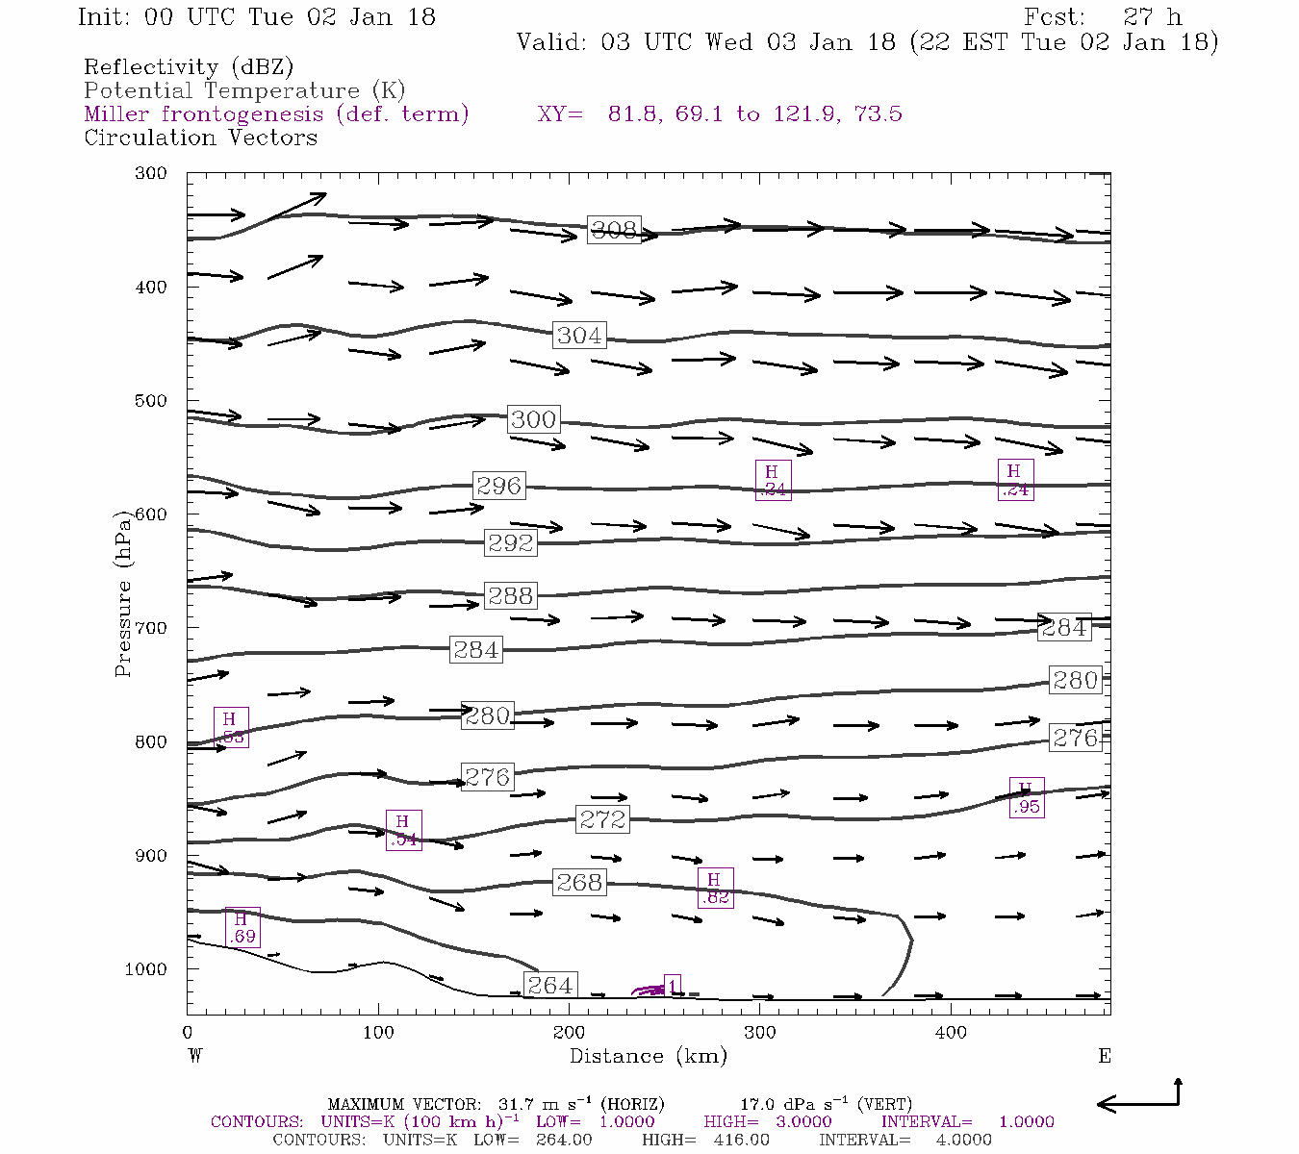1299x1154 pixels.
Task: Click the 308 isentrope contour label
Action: pyautogui.click(x=614, y=230)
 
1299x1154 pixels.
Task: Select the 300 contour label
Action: pyautogui.click(x=533, y=419)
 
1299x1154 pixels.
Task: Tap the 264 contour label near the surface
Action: pyautogui.click(x=550, y=985)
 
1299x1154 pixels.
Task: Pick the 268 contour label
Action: pyautogui.click(x=579, y=882)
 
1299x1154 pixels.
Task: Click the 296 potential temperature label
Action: pyautogui.click(x=498, y=486)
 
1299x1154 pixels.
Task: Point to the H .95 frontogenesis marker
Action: pyautogui.click(x=1027, y=798)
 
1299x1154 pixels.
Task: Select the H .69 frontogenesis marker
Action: pyautogui.click(x=242, y=928)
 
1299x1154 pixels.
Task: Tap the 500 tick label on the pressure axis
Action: pyautogui.click(x=151, y=401)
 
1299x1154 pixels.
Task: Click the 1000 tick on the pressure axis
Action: pyautogui.click(x=146, y=969)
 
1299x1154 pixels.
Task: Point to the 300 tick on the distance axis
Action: pyautogui.click(x=760, y=1033)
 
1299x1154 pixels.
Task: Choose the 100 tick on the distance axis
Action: pyautogui.click(x=378, y=1033)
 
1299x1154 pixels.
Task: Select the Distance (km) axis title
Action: pyautogui.click(x=649, y=1056)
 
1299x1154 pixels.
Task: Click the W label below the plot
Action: pyautogui.click(x=194, y=1056)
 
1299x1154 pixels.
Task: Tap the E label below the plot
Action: pyautogui.click(x=1104, y=1056)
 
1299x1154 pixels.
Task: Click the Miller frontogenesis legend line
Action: pyautogui.click(x=276, y=114)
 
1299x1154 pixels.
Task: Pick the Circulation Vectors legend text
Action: pyautogui.click(x=200, y=138)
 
